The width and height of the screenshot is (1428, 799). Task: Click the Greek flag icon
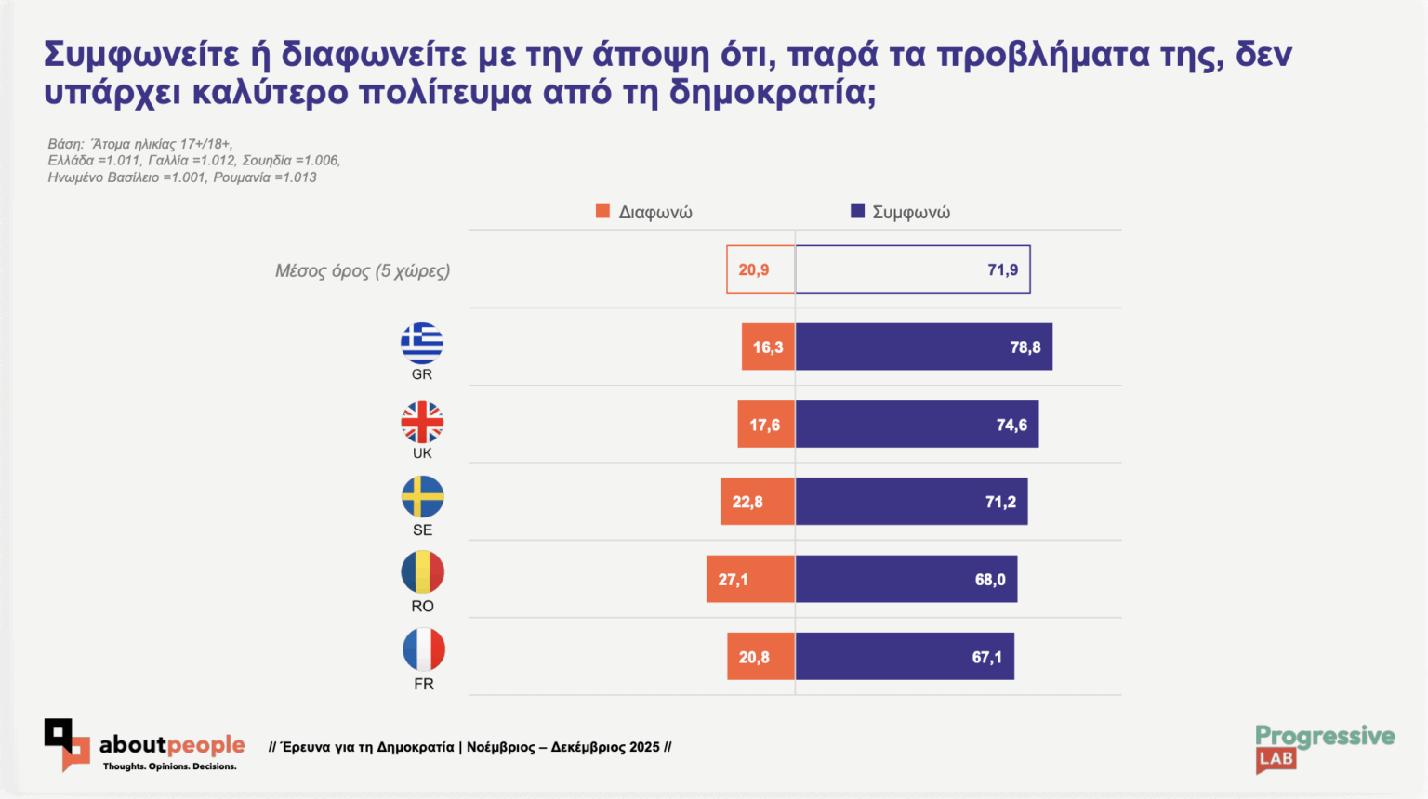pyautogui.click(x=422, y=344)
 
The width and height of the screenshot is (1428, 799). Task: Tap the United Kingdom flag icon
pyautogui.click(x=422, y=423)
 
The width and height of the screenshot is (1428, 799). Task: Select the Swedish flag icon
pyautogui.click(x=422, y=497)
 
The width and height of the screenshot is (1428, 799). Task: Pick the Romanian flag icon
pyautogui.click(x=422, y=572)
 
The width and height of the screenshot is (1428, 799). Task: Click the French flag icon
pyautogui.click(x=423, y=649)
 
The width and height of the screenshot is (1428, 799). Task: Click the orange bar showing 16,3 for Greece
pyautogui.click(x=768, y=347)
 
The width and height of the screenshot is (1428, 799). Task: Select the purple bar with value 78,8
pyautogui.click(x=923, y=347)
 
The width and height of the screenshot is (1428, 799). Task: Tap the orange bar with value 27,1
pyautogui.click(x=750, y=580)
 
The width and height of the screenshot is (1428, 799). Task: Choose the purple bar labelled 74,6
pyautogui.click(x=917, y=425)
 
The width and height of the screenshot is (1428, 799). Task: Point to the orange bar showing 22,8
pyautogui.click(x=758, y=502)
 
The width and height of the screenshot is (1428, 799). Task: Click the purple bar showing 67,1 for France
pyautogui.click(x=905, y=657)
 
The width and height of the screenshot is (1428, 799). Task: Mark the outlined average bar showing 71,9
pyautogui.click(x=912, y=269)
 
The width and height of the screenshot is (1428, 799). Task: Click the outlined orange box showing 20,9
pyautogui.click(x=760, y=269)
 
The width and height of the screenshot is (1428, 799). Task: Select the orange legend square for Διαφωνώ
pyautogui.click(x=602, y=212)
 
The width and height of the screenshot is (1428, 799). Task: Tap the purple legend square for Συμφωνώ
pyautogui.click(x=857, y=212)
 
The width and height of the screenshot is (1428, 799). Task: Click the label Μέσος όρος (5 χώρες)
pyautogui.click(x=363, y=271)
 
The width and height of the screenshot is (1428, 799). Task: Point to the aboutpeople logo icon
pyautogui.click(x=66, y=744)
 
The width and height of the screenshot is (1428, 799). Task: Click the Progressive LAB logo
pyautogui.click(x=1324, y=748)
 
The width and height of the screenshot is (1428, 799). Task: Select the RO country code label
pyautogui.click(x=422, y=606)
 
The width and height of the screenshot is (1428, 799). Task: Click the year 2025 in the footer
pyautogui.click(x=644, y=747)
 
